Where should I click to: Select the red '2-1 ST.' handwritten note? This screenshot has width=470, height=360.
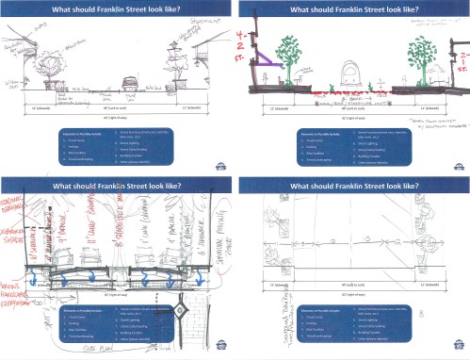pyautogui.click(x=461, y=65)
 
